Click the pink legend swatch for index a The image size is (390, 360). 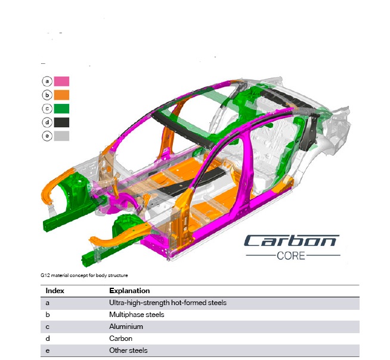click(x=61, y=81)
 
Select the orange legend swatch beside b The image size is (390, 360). click(x=61, y=95)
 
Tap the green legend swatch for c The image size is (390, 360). click(x=61, y=109)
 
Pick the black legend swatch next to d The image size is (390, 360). click(x=61, y=122)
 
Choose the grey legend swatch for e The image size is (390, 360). click(x=61, y=136)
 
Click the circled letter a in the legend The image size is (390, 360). click(x=47, y=81)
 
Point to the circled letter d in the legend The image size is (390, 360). click(x=47, y=122)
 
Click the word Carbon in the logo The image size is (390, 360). click(x=292, y=241)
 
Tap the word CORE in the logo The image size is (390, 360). click(x=291, y=256)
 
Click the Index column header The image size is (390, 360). click(x=55, y=291)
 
